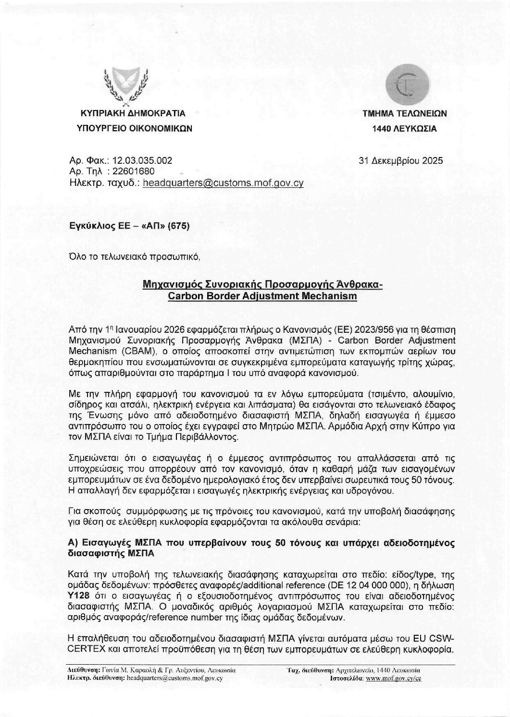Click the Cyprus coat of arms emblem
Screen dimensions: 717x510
(126, 86)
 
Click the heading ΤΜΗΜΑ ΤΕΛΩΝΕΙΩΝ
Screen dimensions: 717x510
(404, 114)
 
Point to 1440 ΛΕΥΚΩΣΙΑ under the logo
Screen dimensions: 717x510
(404, 128)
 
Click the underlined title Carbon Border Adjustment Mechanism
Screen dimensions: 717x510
(262, 296)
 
